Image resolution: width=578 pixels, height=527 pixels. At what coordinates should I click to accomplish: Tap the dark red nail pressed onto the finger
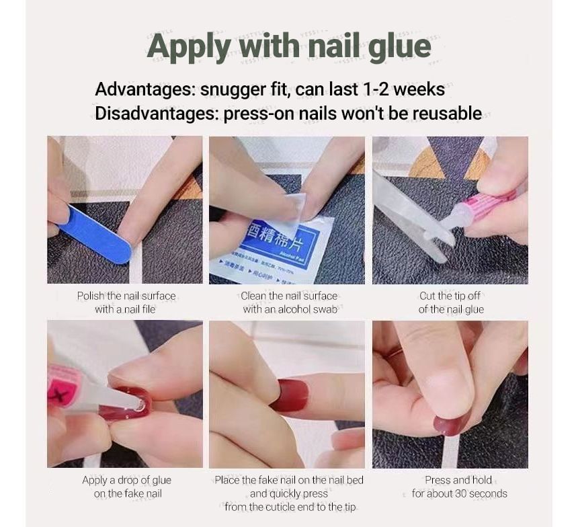coord(289,395)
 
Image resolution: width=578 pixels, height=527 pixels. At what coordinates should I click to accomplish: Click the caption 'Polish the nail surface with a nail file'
coord(126,302)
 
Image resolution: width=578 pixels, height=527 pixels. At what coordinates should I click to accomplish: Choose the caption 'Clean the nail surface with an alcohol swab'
coord(289,302)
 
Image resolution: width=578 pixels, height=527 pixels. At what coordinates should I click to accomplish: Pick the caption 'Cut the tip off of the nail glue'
coord(451,302)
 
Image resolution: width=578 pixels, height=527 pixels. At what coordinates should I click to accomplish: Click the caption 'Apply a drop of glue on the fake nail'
coord(126,487)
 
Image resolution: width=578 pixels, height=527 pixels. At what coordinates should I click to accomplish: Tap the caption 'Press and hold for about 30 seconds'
coord(459,487)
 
